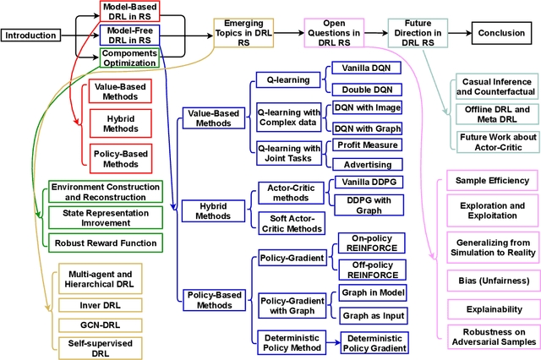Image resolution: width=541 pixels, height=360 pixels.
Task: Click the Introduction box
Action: click(x=33, y=35)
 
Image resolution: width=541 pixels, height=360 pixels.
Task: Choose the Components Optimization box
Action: click(x=130, y=57)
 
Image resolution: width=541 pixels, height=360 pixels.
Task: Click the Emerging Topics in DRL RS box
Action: click(x=243, y=35)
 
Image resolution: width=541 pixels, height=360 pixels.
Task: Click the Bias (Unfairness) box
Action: click(x=492, y=280)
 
